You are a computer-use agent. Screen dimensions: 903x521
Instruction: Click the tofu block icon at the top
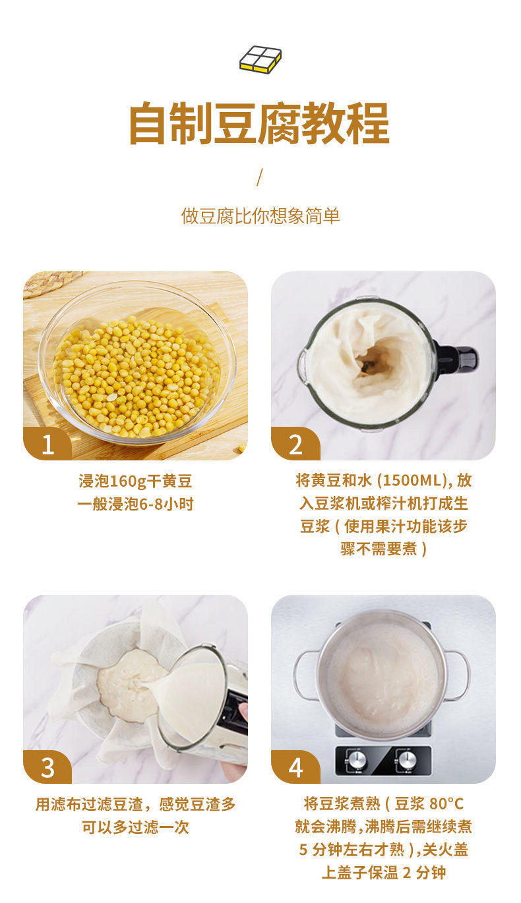pos(260,59)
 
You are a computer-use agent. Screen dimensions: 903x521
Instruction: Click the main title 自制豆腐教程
pos(259,123)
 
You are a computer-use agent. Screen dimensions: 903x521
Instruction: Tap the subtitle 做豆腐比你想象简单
pos(260,216)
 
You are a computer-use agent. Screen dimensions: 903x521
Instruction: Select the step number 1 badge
pos(47,445)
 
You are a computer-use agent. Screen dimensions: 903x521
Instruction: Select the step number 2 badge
pos(295,445)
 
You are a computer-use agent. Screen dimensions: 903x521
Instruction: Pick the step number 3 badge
pos(47,768)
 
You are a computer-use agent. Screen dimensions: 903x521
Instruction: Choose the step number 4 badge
pos(295,768)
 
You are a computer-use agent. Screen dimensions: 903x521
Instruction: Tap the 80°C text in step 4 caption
pos(446,804)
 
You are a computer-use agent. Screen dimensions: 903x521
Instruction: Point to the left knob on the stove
pos(357,760)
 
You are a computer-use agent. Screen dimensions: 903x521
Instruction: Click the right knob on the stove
pos(408,760)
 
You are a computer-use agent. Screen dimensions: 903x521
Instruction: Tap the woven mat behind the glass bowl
pos(49,282)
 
